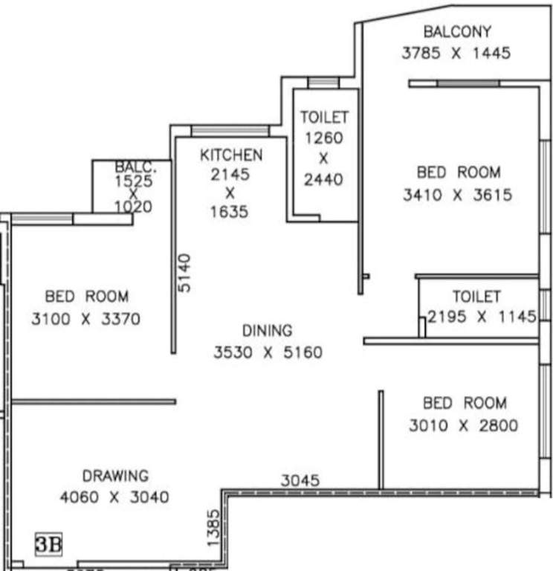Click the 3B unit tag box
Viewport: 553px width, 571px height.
pos(50,543)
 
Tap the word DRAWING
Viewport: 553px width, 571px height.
pos(115,476)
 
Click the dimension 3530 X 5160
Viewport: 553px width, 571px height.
pos(268,352)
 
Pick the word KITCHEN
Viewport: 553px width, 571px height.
pos(230,155)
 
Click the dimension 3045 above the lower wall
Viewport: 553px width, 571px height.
pos(300,481)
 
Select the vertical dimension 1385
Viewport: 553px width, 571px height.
pos(213,529)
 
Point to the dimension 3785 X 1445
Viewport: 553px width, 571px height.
pos(456,54)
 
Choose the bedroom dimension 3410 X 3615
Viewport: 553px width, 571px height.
pos(458,196)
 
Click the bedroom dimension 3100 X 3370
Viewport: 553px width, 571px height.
pos(86,319)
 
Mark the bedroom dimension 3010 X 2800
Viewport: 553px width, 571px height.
pos(464,426)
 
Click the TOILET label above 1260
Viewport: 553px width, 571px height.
pos(324,117)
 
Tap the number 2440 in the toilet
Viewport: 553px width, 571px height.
pos(324,179)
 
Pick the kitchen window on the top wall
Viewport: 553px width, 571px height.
pos(230,131)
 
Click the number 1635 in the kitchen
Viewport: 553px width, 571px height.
pos(230,212)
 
